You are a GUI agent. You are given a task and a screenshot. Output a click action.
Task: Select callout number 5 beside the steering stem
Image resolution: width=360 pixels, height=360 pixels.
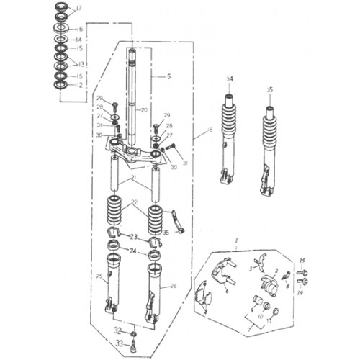point(169,76)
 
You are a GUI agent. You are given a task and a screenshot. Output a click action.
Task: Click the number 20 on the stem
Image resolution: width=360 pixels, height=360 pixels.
point(144,110)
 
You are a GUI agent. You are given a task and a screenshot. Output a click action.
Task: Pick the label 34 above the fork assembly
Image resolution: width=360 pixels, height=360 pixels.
point(230,78)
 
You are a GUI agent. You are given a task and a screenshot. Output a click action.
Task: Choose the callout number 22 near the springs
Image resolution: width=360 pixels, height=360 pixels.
point(132,204)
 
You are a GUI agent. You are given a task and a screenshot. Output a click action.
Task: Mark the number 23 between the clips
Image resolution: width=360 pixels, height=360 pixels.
point(132,236)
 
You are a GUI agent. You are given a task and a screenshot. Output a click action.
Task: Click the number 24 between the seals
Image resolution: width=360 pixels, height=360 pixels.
point(132,251)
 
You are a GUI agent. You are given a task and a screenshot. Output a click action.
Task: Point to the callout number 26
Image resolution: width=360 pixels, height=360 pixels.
point(173,286)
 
